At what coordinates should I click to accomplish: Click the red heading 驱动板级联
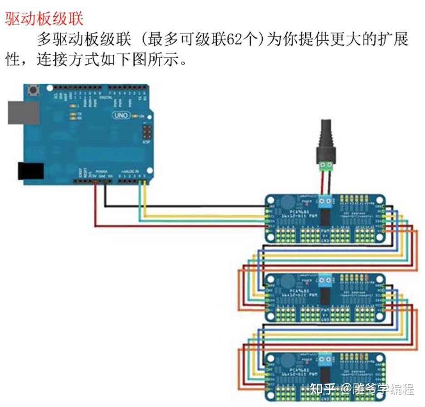click(44, 19)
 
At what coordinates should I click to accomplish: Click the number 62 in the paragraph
click(234, 40)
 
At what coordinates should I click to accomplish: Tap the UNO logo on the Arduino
click(121, 116)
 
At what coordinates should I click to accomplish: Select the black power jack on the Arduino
click(30, 171)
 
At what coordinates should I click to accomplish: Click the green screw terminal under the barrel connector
click(326, 166)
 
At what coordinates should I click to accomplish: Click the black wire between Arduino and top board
click(181, 206)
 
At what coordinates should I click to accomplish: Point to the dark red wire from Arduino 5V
click(181, 225)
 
